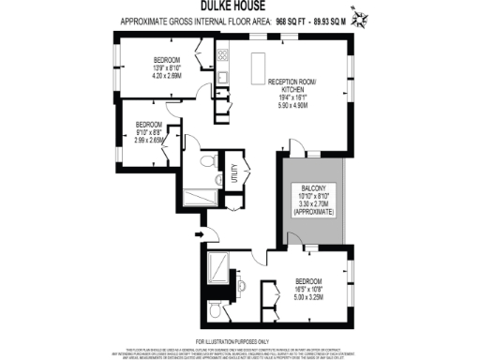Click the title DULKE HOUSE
[x=239, y=7]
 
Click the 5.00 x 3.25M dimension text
[x=309, y=297]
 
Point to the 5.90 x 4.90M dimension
[x=295, y=106]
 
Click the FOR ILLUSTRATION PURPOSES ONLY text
[x=239, y=340]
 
